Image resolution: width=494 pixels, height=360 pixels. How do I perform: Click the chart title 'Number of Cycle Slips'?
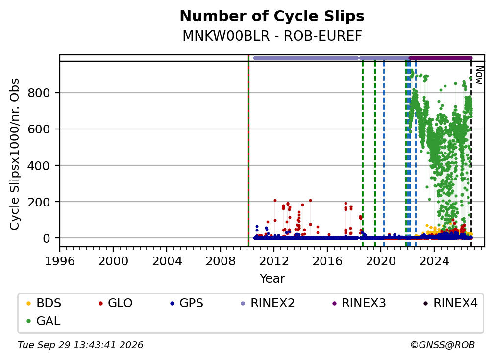pos(272,16)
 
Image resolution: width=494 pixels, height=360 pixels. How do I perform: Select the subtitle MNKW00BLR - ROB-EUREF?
pos(272,36)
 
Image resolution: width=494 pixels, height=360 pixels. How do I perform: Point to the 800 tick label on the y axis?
pos(39,93)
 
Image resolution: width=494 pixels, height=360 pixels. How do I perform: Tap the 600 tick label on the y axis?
pos(39,129)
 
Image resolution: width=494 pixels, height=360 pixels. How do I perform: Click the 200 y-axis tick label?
pos(39,202)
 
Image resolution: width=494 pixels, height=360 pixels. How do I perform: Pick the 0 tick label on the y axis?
pos(46,238)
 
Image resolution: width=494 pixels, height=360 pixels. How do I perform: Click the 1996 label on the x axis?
pos(60,261)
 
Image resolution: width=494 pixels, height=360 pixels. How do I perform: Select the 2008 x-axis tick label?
pos(221,261)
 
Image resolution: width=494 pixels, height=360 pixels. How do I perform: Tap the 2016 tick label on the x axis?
pos(327,261)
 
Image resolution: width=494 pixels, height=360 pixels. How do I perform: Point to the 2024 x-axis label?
pos(434,261)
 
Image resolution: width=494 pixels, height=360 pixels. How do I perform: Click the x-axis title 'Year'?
pos(272,279)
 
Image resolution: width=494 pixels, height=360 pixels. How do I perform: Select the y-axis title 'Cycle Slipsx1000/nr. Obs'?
pos(15,154)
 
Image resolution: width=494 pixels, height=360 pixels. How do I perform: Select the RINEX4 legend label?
pos(455,303)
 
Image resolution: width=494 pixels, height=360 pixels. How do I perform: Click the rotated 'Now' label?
pos(479,75)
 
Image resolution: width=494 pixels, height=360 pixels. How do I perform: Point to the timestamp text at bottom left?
pos(80,345)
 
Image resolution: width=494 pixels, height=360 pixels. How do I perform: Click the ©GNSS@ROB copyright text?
pos(443,345)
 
